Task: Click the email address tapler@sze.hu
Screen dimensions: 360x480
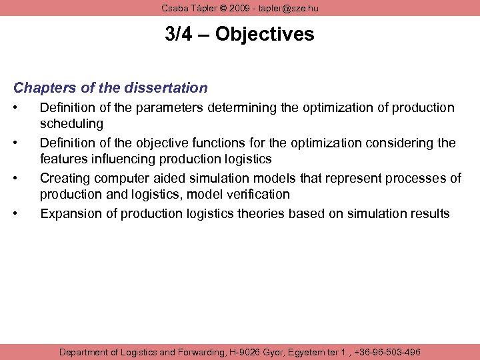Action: pyautogui.click(x=290, y=7)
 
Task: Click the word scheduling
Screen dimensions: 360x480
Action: pyautogui.click(x=71, y=123)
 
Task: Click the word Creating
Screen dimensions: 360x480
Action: pyautogui.click(x=64, y=178)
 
